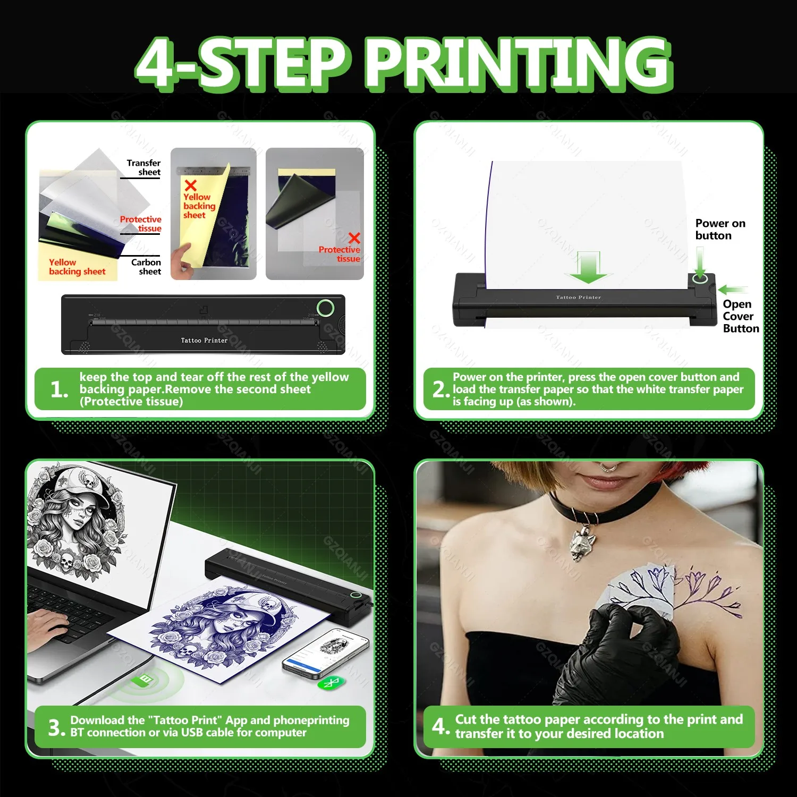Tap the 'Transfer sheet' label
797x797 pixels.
tap(143, 167)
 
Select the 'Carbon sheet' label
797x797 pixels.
tap(146, 267)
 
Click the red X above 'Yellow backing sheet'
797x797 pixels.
tap(190, 185)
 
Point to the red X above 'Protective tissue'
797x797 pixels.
tap(354, 238)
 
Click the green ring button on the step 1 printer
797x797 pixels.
tap(325, 308)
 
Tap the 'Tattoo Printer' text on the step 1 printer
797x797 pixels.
tap(204, 341)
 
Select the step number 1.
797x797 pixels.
tap(58, 390)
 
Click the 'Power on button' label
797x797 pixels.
tap(719, 230)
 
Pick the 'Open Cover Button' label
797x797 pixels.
tap(740, 316)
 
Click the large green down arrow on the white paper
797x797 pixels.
tap(588, 268)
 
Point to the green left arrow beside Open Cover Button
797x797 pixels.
tap(733, 290)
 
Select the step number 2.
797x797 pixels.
tap(440, 389)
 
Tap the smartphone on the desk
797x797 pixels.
tap(325, 653)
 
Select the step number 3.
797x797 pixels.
tap(56, 727)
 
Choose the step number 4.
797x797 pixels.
tap(440, 726)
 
